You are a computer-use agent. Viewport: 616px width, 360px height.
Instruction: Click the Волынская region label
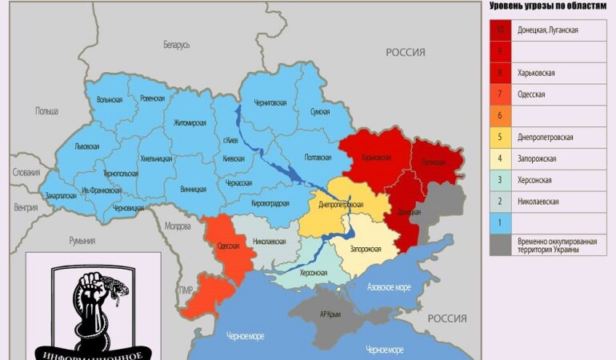click(109, 100)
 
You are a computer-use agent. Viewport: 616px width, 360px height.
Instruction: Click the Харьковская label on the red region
click(375, 157)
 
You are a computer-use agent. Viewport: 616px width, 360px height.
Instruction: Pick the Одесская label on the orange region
click(228, 246)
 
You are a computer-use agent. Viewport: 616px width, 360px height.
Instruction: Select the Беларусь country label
click(176, 45)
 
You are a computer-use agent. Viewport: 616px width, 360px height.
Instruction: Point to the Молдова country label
click(177, 226)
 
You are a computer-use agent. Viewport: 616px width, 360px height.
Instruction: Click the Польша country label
click(46, 111)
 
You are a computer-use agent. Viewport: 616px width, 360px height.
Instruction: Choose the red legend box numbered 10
click(500, 30)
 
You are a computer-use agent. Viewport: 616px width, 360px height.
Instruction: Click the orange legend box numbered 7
click(500, 94)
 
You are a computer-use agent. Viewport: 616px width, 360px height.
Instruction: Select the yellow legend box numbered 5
click(500, 137)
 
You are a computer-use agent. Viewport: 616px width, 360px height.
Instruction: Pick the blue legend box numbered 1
click(500, 222)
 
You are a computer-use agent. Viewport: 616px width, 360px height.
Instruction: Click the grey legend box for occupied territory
click(500, 244)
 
